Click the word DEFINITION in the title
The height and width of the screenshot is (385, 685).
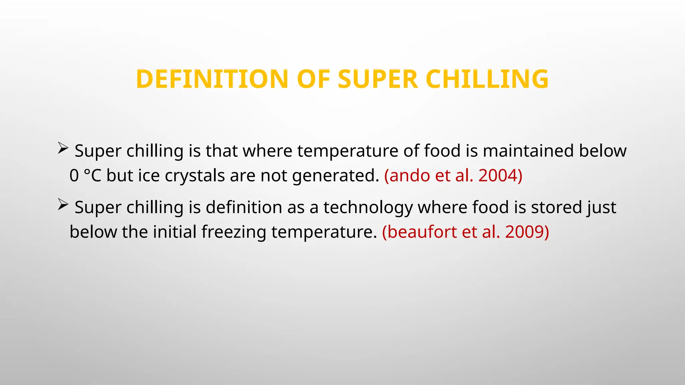[212, 79]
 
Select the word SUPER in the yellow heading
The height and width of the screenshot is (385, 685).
[378, 79]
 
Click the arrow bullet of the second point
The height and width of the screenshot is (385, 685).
[63, 204]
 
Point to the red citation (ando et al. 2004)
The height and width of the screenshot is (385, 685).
[453, 175]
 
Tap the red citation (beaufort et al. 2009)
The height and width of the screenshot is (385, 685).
[466, 232]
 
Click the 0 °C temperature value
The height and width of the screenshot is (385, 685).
[85, 175]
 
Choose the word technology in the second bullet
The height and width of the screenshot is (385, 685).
[368, 208]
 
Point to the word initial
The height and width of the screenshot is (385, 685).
[175, 232]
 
